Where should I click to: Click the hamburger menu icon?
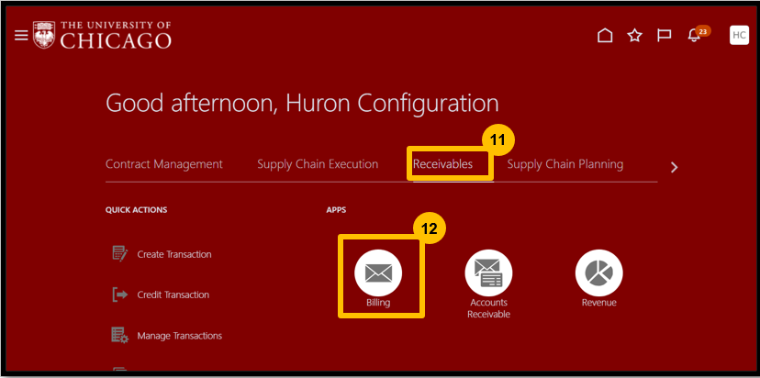tap(21, 36)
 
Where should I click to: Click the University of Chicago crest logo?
tap(44, 35)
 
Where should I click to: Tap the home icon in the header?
tap(605, 36)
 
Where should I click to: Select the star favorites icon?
tap(634, 36)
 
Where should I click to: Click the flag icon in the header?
tap(664, 36)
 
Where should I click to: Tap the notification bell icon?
tap(694, 36)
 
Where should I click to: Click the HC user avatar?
tap(739, 35)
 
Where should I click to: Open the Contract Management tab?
tap(163, 164)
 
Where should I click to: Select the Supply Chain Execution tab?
tap(318, 164)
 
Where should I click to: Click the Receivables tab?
tap(442, 164)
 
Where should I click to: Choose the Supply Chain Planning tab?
tap(565, 164)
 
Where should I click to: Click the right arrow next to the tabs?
tap(674, 168)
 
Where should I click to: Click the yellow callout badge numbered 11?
tap(497, 140)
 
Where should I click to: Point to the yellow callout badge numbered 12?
tap(429, 228)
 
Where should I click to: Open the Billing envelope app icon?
tap(378, 272)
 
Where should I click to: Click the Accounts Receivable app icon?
tap(488, 272)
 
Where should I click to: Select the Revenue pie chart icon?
tap(599, 272)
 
